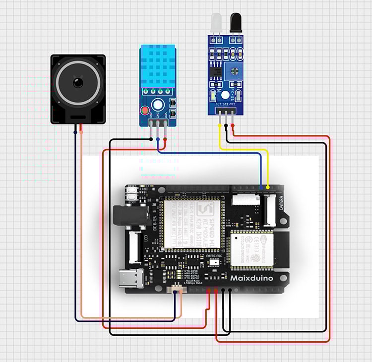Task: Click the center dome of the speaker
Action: [78, 82]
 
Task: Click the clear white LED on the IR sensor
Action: [215, 22]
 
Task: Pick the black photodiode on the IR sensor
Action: [236, 22]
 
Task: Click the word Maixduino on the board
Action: [251, 278]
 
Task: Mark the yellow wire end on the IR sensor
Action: [220, 125]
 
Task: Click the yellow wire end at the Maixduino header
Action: [268, 187]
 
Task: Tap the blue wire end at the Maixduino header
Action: [261, 187]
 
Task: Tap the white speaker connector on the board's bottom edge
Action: [177, 290]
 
